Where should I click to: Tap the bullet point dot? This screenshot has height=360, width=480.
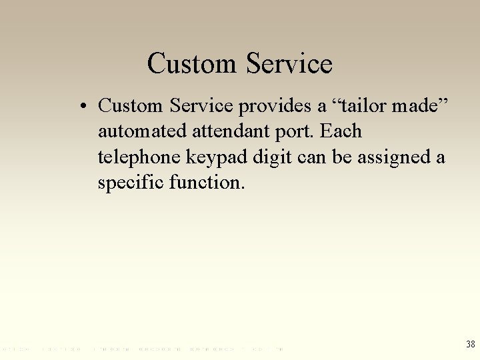pos(85,107)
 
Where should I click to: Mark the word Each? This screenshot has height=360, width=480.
pos(341,131)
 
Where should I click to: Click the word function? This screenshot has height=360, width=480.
pos(208,182)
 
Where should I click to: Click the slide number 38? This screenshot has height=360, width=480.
pos(470,344)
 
